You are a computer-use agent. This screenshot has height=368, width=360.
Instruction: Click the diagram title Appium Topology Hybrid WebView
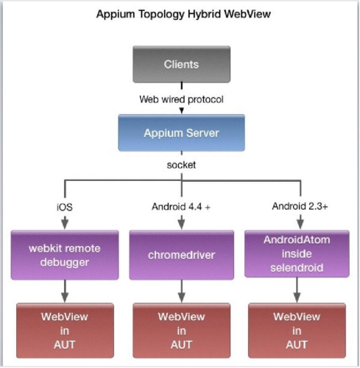[180, 14]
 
